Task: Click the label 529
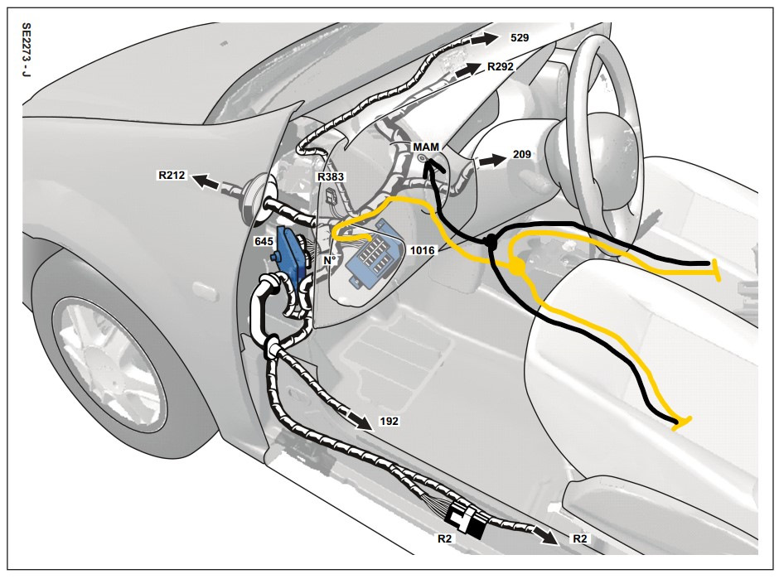tap(520, 38)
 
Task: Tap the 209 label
tap(522, 154)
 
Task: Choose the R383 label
tap(331, 177)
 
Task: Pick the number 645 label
tap(264, 240)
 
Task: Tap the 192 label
tap(388, 421)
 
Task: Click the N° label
tap(330, 260)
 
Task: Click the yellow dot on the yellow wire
tap(516, 267)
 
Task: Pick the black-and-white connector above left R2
tap(467, 519)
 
